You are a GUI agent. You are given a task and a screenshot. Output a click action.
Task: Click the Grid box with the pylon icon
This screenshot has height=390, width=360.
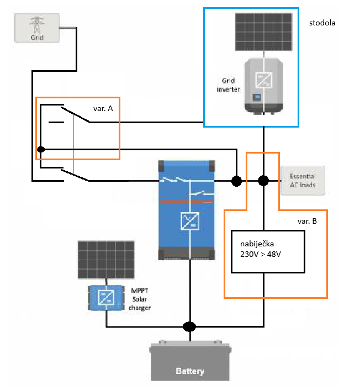(x=37, y=29)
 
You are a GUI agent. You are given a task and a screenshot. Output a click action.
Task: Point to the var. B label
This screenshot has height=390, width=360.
(x=307, y=221)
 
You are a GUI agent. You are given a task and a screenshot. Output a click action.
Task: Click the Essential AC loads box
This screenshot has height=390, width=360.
(x=303, y=181)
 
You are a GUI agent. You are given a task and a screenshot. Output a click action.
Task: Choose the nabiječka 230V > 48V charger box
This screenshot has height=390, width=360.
(x=268, y=251)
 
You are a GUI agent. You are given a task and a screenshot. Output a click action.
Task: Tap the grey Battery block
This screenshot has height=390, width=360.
(x=189, y=361)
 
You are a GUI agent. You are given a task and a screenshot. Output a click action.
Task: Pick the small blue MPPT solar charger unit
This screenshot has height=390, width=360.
(x=106, y=298)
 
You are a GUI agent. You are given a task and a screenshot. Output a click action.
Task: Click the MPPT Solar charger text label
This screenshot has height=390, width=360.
(x=140, y=299)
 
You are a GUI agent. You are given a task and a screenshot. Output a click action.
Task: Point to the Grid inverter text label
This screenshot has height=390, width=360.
(x=229, y=85)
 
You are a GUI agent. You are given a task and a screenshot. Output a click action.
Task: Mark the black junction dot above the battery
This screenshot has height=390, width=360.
(x=189, y=326)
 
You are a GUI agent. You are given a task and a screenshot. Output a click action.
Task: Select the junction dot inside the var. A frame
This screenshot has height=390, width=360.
(x=41, y=149)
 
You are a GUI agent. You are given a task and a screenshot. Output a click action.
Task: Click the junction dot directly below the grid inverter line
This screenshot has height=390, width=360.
(x=264, y=181)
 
